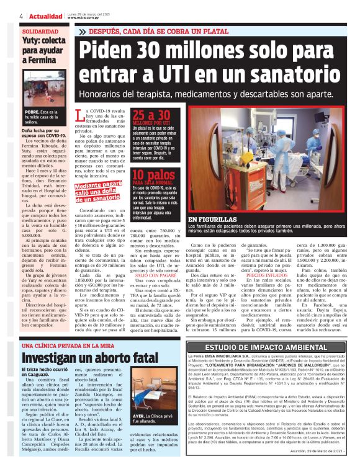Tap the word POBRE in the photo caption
click(x=32, y=112)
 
